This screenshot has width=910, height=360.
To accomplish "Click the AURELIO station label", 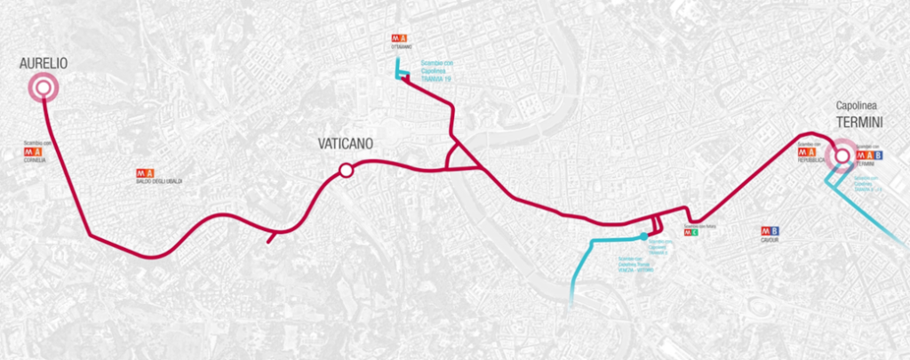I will point(43,63).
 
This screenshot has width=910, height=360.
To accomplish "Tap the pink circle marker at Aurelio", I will point(42,87).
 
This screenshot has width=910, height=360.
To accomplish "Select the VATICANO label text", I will point(345,144).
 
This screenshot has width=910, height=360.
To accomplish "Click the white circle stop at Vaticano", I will point(345,171).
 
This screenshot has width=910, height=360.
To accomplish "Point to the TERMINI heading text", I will point(857,125).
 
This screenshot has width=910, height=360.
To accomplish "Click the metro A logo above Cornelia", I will point(34,152).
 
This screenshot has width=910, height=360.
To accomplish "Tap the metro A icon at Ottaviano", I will point(399,39).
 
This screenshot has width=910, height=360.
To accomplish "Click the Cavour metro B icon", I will point(770,231).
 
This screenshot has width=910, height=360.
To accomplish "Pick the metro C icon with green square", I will point(690,233).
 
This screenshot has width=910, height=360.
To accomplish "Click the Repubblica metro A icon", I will point(807,152).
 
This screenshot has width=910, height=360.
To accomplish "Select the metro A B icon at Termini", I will point(868,155).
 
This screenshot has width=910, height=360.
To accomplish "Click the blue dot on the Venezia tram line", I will point(643,236).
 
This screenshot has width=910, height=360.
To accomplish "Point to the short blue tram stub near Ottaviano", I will point(399,70).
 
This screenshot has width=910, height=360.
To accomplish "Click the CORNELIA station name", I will point(35,161).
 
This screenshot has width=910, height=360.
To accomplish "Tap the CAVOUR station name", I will point(770,240).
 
